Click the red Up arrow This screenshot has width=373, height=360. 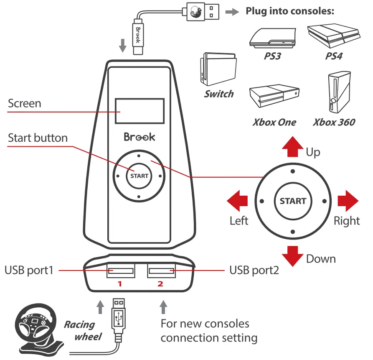tap(292, 146)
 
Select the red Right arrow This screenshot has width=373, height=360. tap(348, 201)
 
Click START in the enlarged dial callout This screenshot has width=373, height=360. tap(293, 201)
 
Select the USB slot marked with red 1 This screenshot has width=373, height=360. tap(120, 271)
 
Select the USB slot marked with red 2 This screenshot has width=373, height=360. tap(160, 271)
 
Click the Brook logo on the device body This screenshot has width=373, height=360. tap(139, 137)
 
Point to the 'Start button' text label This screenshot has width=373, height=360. tap(38, 138)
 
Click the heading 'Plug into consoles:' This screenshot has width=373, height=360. tap(290, 11)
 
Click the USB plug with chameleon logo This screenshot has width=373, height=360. tap(201, 11)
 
